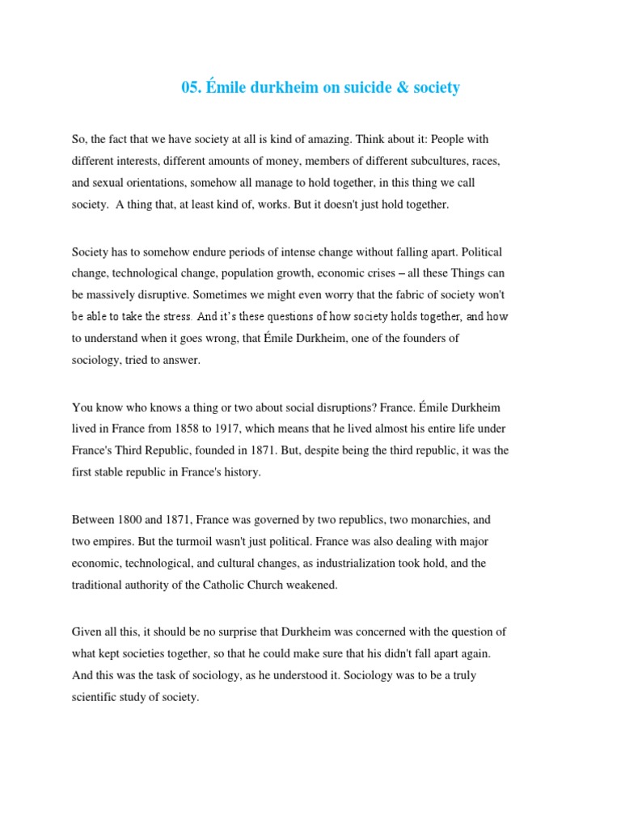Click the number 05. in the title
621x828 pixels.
pyautogui.click(x=192, y=87)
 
